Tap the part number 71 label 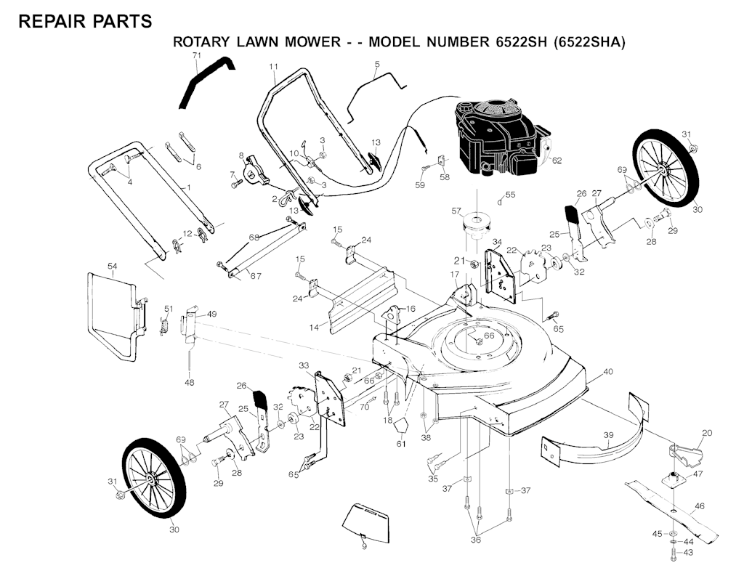click(x=196, y=56)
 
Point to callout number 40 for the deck click(x=608, y=372)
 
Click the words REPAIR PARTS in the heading click(x=85, y=21)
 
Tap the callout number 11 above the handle click(x=273, y=68)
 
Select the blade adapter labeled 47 click(x=676, y=477)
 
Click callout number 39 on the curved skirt click(x=608, y=435)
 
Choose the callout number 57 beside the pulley click(x=456, y=211)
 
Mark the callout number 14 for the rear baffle click(x=314, y=328)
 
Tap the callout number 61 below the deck click(x=400, y=443)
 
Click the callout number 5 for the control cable click(x=377, y=65)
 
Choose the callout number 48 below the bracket click(x=189, y=382)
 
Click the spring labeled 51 click(x=164, y=324)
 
